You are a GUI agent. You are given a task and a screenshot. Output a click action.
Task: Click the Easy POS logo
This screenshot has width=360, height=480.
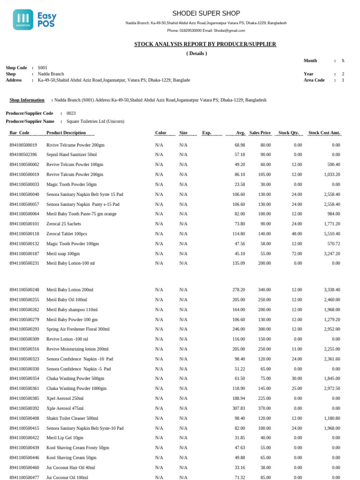click(x=34, y=19)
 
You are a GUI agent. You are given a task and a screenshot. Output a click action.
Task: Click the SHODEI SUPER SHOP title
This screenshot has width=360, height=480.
click(x=206, y=13)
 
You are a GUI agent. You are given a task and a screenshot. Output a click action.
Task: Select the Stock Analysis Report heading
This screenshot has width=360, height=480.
click(x=205, y=44)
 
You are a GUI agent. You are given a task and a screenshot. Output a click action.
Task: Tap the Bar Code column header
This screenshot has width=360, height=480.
click(x=20, y=133)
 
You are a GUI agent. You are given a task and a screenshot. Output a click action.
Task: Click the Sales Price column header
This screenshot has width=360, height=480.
click(x=260, y=133)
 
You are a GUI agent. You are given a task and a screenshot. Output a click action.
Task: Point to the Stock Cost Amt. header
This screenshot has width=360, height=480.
click(x=324, y=133)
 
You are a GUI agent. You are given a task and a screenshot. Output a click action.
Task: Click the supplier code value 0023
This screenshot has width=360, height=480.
click(x=71, y=113)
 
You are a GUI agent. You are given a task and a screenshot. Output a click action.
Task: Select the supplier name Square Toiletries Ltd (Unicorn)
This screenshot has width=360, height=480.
click(x=95, y=121)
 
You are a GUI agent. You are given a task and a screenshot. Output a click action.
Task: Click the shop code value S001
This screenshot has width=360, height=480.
click(x=43, y=67)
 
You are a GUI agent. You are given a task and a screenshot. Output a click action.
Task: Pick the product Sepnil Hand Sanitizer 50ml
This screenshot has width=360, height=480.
click(x=71, y=155)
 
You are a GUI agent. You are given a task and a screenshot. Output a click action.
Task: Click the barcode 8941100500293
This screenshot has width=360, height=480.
click(x=24, y=329)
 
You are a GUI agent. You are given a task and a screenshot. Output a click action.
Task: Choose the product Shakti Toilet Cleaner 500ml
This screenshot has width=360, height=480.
click(x=72, y=418)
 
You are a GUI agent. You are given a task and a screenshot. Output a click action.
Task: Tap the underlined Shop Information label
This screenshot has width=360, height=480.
click(x=27, y=100)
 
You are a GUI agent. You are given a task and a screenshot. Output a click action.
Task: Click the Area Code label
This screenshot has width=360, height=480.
click(x=314, y=80)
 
